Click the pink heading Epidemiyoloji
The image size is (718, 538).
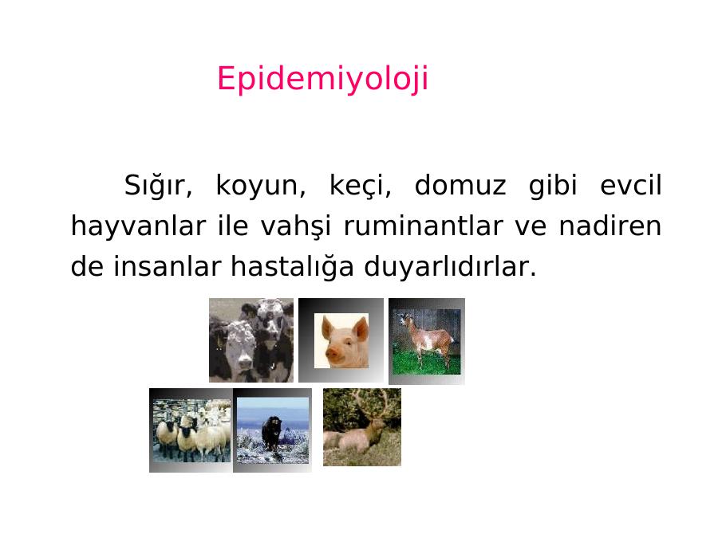click(323, 79)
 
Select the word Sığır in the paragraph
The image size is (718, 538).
click(158, 186)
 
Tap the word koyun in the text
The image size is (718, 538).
click(260, 186)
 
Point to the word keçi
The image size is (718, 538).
click(360, 186)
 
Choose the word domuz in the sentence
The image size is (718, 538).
click(460, 185)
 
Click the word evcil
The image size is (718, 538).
click(630, 185)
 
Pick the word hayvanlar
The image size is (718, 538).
click(138, 226)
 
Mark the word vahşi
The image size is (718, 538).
click(295, 226)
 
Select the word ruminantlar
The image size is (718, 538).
click(423, 226)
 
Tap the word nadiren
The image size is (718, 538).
click(610, 226)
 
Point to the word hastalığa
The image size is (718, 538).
click(292, 267)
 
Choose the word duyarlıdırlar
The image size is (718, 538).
click(450, 267)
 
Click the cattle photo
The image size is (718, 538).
click(251, 340)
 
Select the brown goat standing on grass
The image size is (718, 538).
click(427, 340)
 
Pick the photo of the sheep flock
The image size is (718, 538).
click(191, 430)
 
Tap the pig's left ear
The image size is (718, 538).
click(327, 327)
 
